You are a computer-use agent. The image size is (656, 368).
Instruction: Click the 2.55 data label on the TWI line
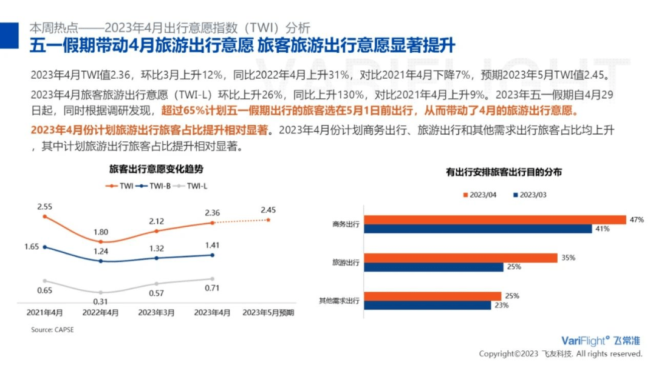click(x=44, y=207)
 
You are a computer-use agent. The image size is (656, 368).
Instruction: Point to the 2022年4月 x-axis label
click(x=101, y=313)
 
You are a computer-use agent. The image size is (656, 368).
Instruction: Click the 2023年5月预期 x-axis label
click(x=268, y=313)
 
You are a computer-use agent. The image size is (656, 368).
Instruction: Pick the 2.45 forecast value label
click(x=268, y=210)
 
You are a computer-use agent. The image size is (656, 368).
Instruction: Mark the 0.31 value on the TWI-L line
click(x=101, y=301)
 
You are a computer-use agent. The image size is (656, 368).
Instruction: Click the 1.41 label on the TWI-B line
click(x=212, y=245)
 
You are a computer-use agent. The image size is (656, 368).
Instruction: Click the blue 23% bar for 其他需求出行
click(x=428, y=305)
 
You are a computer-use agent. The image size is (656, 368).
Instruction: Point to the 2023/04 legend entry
click(x=482, y=195)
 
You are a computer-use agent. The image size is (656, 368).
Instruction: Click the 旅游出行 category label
click(x=346, y=263)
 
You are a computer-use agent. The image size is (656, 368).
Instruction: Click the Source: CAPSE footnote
click(x=52, y=330)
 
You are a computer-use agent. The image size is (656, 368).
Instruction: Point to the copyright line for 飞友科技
click(x=560, y=353)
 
